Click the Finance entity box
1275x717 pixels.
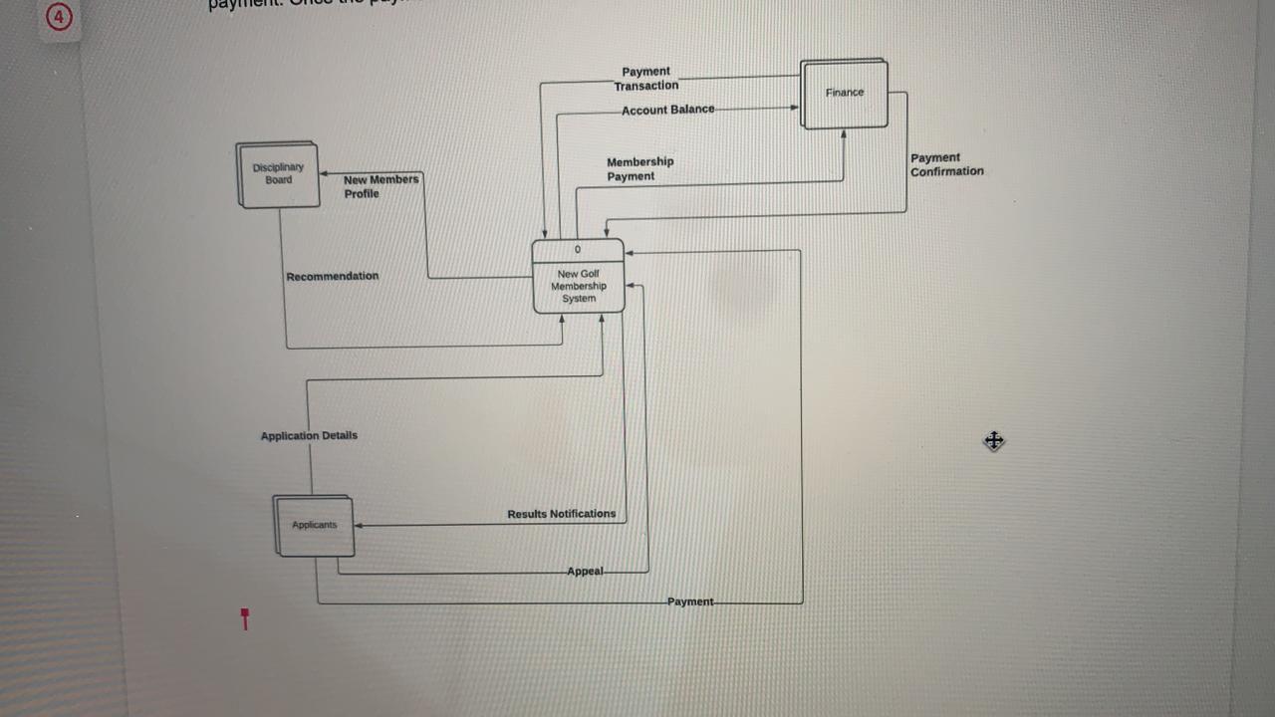click(844, 94)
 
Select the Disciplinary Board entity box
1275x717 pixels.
click(278, 174)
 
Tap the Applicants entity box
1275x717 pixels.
click(314, 526)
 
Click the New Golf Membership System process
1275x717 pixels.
click(579, 286)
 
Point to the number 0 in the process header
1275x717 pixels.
click(578, 250)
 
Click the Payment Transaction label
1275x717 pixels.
click(646, 79)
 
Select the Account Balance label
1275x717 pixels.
click(667, 110)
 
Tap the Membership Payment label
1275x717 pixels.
click(639, 169)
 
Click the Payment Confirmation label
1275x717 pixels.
click(946, 164)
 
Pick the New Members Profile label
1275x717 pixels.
click(381, 186)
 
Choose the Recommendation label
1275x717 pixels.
click(332, 276)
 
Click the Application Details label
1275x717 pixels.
click(309, 435)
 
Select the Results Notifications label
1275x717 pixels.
click(561, 514)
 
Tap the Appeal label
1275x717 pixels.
click(585, 572)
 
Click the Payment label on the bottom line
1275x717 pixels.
click(690, 601)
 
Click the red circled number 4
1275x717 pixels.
click(60, 17)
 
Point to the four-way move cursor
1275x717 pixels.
click(993, 440)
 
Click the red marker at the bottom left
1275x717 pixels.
click(245, 618)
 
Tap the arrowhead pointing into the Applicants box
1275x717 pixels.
click(359, 525)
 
